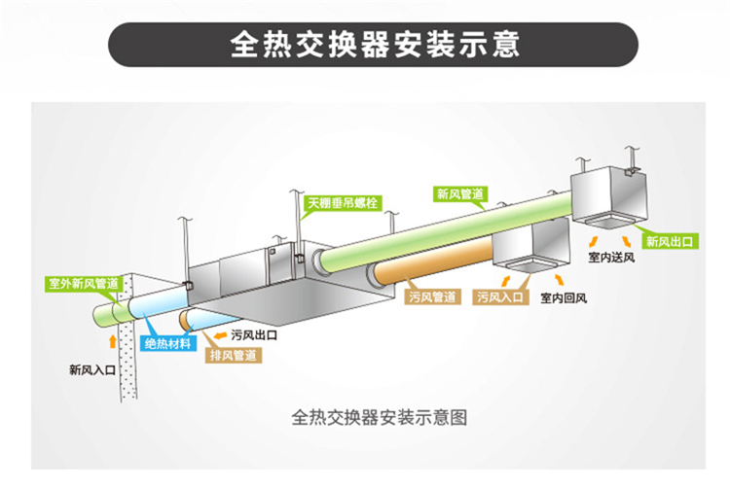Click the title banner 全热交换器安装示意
click(x=374, y=45)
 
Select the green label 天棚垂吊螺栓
click(x=343, y=203)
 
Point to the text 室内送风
click(x=610, y=259)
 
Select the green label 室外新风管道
click(x=86, y=284)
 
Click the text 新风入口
click(x=92, y=369)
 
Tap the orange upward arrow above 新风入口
click(x=114, y=343)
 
